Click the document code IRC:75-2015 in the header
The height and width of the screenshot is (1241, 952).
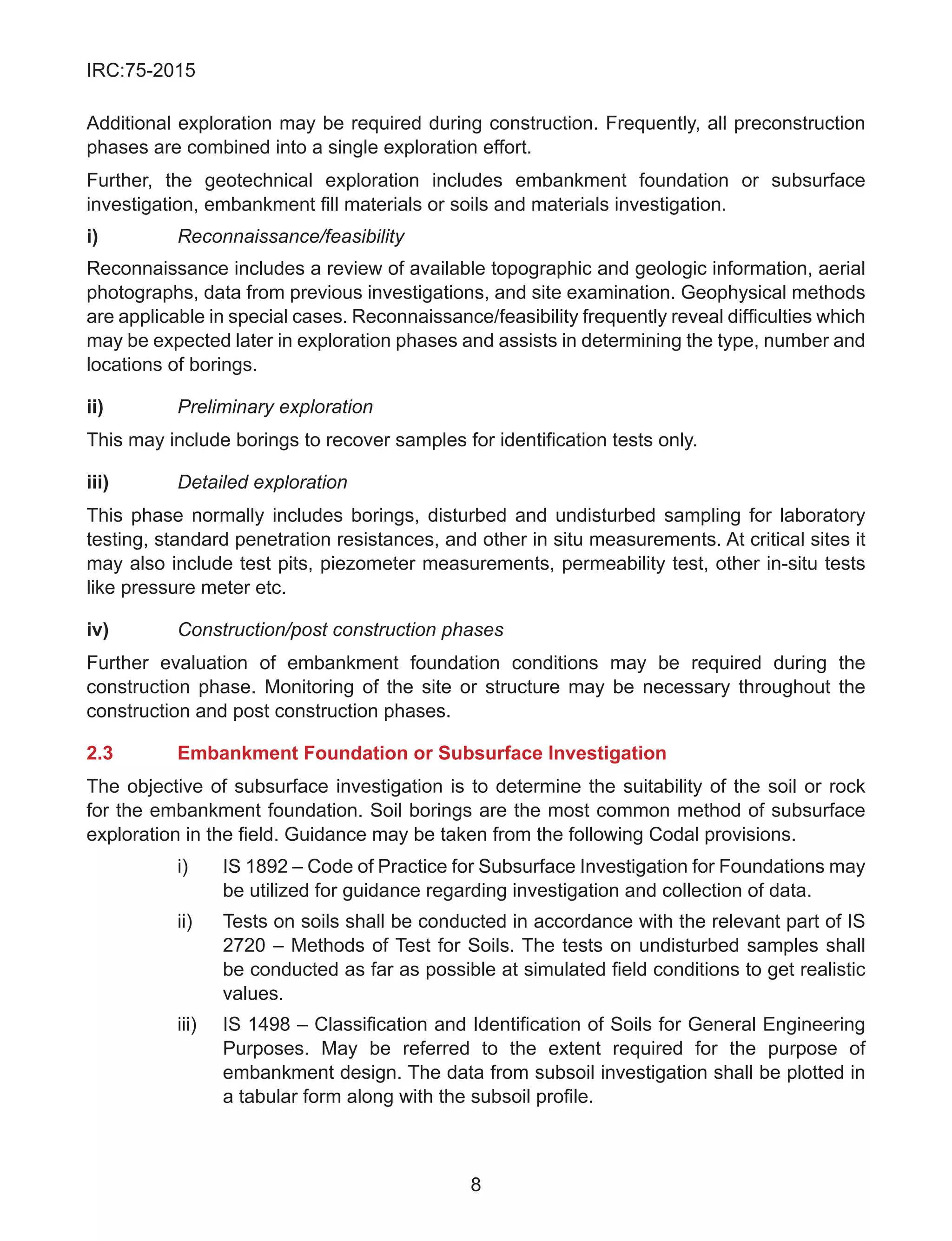click(x=140, y=70)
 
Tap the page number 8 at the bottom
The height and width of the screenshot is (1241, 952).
click(x=476, y=1184)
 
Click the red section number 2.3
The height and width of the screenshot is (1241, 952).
click(x=100, y=753)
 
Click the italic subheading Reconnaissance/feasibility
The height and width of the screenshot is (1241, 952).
click(x=291, y=236)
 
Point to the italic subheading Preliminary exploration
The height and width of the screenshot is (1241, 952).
click(x=275, y=407)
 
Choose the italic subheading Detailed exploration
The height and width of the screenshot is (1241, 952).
click(x=262, y=482)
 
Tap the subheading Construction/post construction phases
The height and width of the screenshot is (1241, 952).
click(x=341, y=630)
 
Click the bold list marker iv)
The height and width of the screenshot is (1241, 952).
click(x=98, y=630)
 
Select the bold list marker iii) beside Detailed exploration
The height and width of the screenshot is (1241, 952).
click(x=98, y=482)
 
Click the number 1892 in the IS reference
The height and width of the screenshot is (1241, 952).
click(x=267, y=866)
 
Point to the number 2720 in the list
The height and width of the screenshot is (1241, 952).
click(x=244, y=946)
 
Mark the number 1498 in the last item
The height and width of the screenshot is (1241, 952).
click(x=269, y=1024)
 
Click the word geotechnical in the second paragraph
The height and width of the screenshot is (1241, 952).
click(x=258, y=181)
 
